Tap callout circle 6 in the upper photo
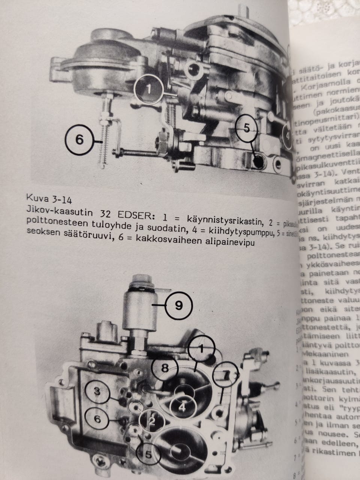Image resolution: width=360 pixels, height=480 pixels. click(x=79, y=139)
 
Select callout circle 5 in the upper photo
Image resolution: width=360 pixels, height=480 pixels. click(x=246, y=127)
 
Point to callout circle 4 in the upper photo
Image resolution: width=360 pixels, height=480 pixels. click(x=287, y=135)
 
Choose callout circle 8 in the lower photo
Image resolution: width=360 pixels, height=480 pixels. click(x=165, y=368)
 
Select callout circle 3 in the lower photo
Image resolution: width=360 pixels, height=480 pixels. click(x=97, y=392)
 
